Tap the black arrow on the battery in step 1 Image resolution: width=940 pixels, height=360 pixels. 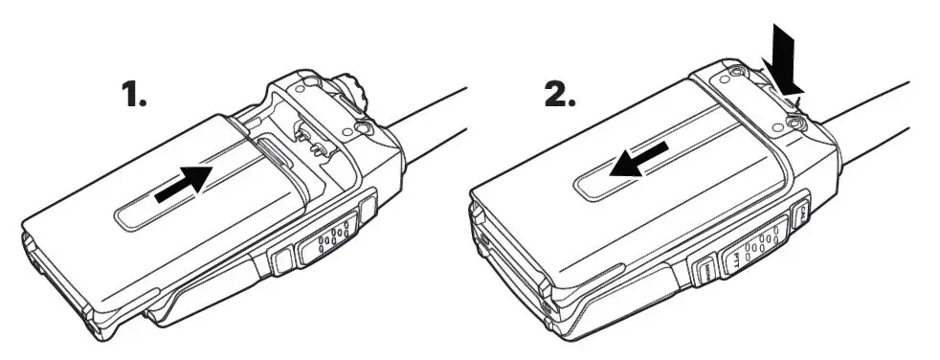tap(183, 182)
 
